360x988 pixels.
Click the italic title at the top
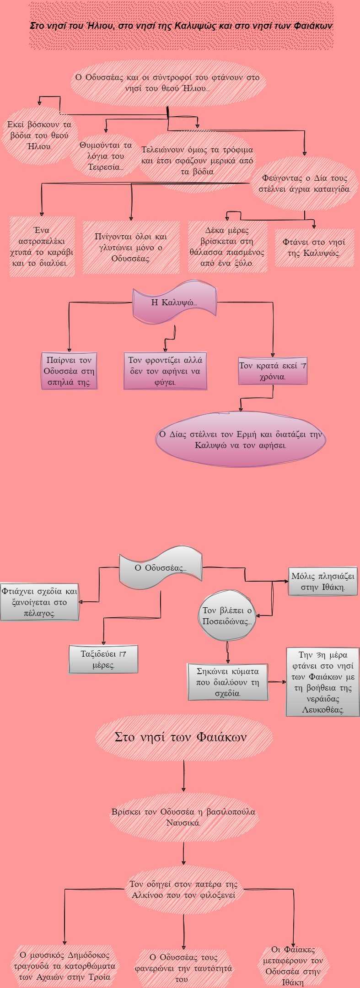[x=181, y=26]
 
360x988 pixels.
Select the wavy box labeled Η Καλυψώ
[x=174, y=302]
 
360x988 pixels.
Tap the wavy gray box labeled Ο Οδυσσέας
[x=160, y=568]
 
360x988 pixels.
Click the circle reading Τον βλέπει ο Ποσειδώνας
[x=227, y=615]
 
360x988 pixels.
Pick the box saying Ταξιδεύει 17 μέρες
[x=103, y=659]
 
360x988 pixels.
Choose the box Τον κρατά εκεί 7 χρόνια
[x=273, y=371]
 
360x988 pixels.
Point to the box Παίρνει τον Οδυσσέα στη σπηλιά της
[x=69, y=371]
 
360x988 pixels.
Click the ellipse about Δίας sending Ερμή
[x=241, y=439]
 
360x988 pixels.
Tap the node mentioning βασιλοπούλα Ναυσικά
[x=183, y=817]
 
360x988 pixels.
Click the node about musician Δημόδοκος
[x=64, y=966]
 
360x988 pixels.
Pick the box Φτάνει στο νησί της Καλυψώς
[x=314, y=248]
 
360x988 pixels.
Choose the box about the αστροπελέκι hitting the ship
[x=42, y=246]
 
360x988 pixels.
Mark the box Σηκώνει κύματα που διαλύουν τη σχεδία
[x=227, y=682]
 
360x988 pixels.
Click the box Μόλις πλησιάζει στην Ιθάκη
[x=322, y=581]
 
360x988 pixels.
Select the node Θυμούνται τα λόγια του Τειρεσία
[x=105, y=156]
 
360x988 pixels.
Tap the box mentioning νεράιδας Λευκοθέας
[x=322, y=682]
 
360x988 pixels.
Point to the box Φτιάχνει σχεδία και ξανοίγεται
[x=39, y=602]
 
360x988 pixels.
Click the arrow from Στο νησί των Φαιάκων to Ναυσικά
[x=183, y=775]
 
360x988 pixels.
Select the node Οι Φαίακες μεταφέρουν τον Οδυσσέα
[x=293, y=966]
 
